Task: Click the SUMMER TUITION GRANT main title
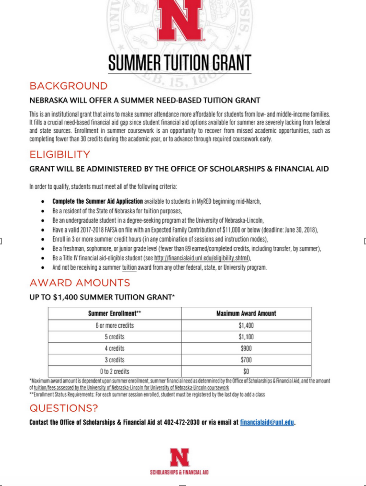click(180, 62)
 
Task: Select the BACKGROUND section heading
click(68, 86)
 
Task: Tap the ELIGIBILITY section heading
click(59, 155)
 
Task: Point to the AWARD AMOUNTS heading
click(80, 283)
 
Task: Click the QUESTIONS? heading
click(63, 409)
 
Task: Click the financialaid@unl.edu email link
click(267, 423)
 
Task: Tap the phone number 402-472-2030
click(182, 423)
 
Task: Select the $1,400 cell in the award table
click(246, 325)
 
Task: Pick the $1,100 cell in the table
click(246, 337)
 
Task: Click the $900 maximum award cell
click(246, 348)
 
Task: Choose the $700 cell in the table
click(246, 359)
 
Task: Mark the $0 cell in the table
click(246, 371)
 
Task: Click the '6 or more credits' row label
click(114, 325)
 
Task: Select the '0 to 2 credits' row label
click(114, 371)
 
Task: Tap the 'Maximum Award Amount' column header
click(246, 313)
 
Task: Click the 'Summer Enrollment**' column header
click(114, 313)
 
